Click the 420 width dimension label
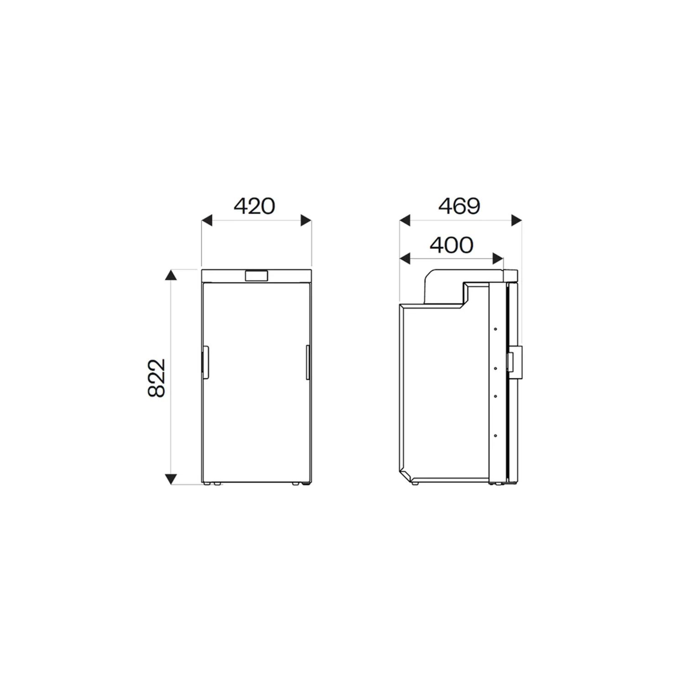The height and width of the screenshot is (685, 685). (x=254, y=206)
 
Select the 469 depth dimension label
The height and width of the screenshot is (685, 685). (x=459, y=206)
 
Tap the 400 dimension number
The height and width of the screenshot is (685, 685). (x=452, y=245)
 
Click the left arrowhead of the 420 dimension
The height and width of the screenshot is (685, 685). (x=207, y=221)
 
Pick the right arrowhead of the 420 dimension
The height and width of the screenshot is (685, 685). (x=306, y=221)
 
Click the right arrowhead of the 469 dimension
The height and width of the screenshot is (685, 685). (x=516, y=221)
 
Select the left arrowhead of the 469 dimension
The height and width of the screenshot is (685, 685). (x=406, y=221)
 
